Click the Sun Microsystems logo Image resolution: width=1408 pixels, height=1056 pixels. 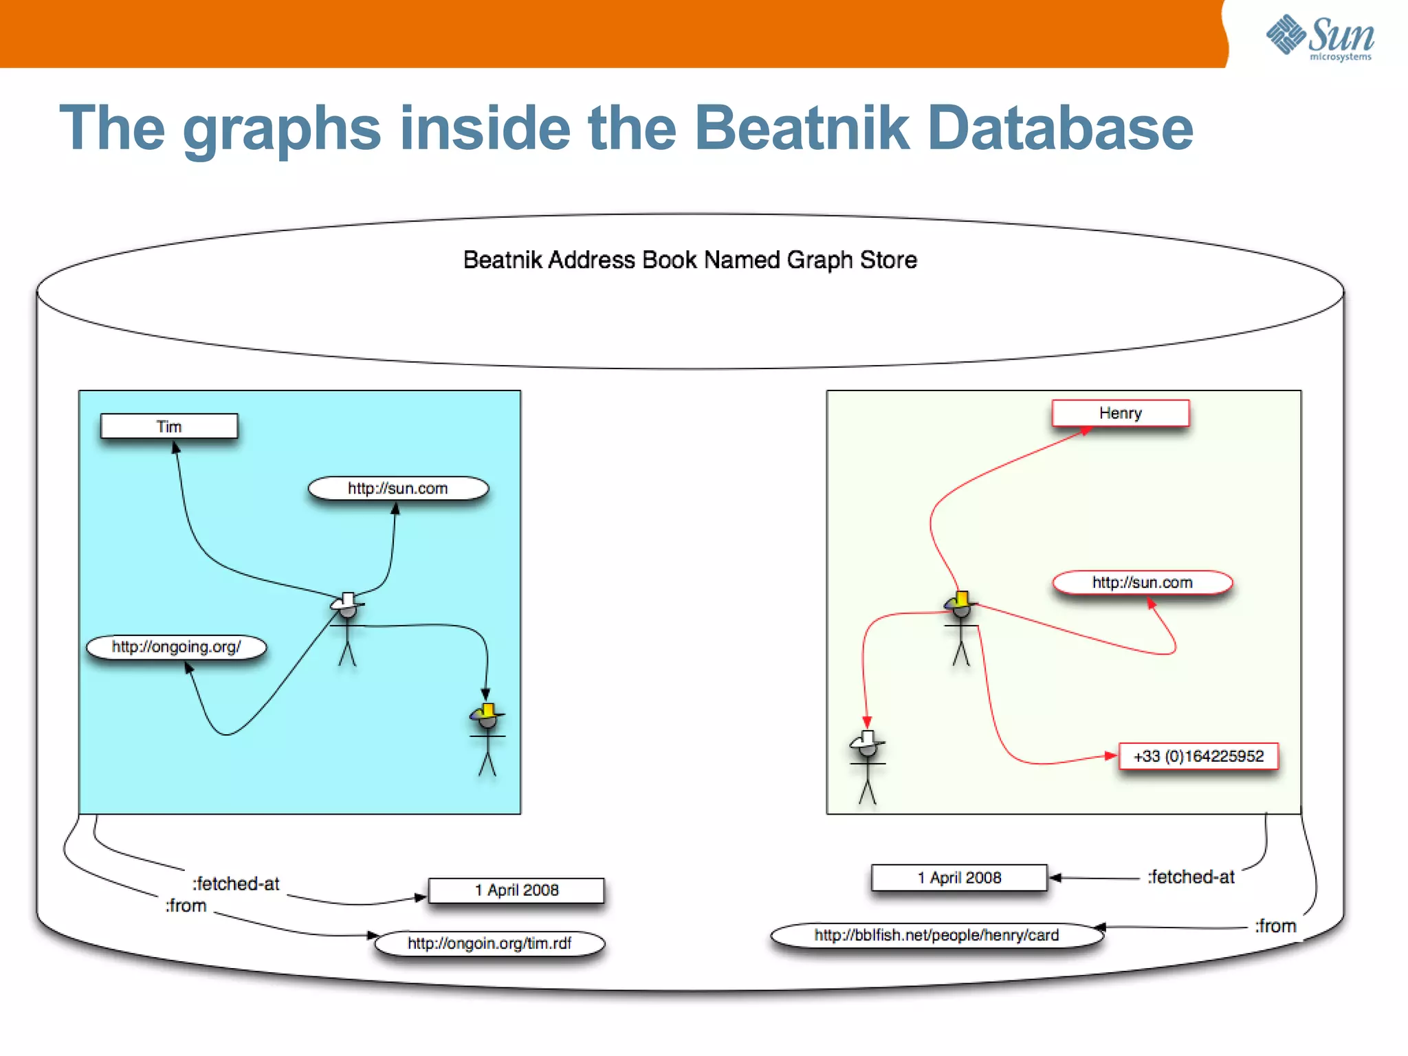[1320, 37]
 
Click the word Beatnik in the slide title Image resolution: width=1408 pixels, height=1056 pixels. [802, 128]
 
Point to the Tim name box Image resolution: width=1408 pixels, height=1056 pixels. [169, 426]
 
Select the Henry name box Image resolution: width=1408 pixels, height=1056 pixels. [1120, 413]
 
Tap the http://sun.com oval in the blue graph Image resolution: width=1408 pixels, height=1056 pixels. [398, 488]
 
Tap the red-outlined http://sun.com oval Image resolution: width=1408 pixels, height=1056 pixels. [1142, 582]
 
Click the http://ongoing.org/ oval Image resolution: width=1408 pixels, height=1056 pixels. [176, 647]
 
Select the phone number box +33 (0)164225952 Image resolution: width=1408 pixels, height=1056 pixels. [1198, 756]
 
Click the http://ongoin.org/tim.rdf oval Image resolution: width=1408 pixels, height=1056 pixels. [489, 943]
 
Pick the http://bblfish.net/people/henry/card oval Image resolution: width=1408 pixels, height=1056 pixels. [936, 935]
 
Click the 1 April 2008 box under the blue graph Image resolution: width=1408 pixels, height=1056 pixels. [516, 890]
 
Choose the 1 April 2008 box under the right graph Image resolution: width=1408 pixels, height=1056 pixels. [959, 878]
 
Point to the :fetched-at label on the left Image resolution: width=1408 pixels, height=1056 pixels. [236, 883]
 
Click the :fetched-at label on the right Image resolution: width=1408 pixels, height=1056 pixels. [1191, 877]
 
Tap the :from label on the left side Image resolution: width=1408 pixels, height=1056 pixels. [186, 905]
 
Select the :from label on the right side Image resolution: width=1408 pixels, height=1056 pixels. [1275, 926]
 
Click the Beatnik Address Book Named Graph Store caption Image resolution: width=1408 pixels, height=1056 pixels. [690, 260]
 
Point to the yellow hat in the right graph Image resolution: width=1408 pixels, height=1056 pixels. [962, 599]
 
